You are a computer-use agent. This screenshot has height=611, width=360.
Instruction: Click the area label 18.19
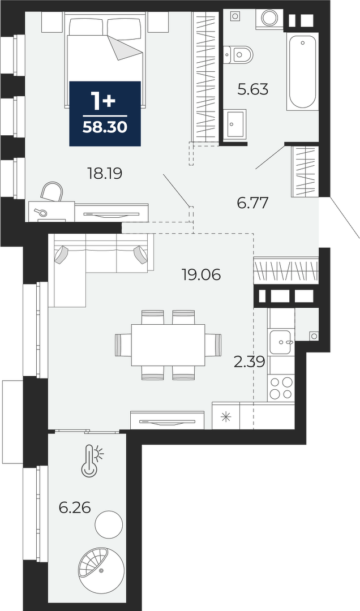[x=105, y=174]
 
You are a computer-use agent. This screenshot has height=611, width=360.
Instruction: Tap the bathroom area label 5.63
[x=253, y=89]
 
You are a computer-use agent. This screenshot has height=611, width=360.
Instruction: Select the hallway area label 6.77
[x=253, y=203]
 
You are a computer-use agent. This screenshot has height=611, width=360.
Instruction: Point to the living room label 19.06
[x=201, y=276]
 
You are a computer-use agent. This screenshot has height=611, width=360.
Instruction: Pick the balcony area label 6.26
[x=75, y=507]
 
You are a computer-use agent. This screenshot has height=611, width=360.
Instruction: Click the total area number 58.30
[x=105, y=127]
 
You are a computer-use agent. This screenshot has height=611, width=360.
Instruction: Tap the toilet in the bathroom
[x=238, y=54]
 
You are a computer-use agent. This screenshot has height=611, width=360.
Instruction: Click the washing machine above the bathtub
[x=269, y=18]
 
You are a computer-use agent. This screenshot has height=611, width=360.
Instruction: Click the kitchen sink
[x=280, y=342]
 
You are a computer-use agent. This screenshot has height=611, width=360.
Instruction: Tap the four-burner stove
[x=281, y=388]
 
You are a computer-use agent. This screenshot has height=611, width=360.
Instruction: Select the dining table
[x=168, y=345]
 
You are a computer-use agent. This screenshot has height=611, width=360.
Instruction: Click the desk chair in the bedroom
[x=52, y=192]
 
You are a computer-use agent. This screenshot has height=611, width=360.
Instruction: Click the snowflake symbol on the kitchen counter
[x=226, y=416]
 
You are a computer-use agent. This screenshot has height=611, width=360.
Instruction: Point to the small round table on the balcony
[x=110, y=524]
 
